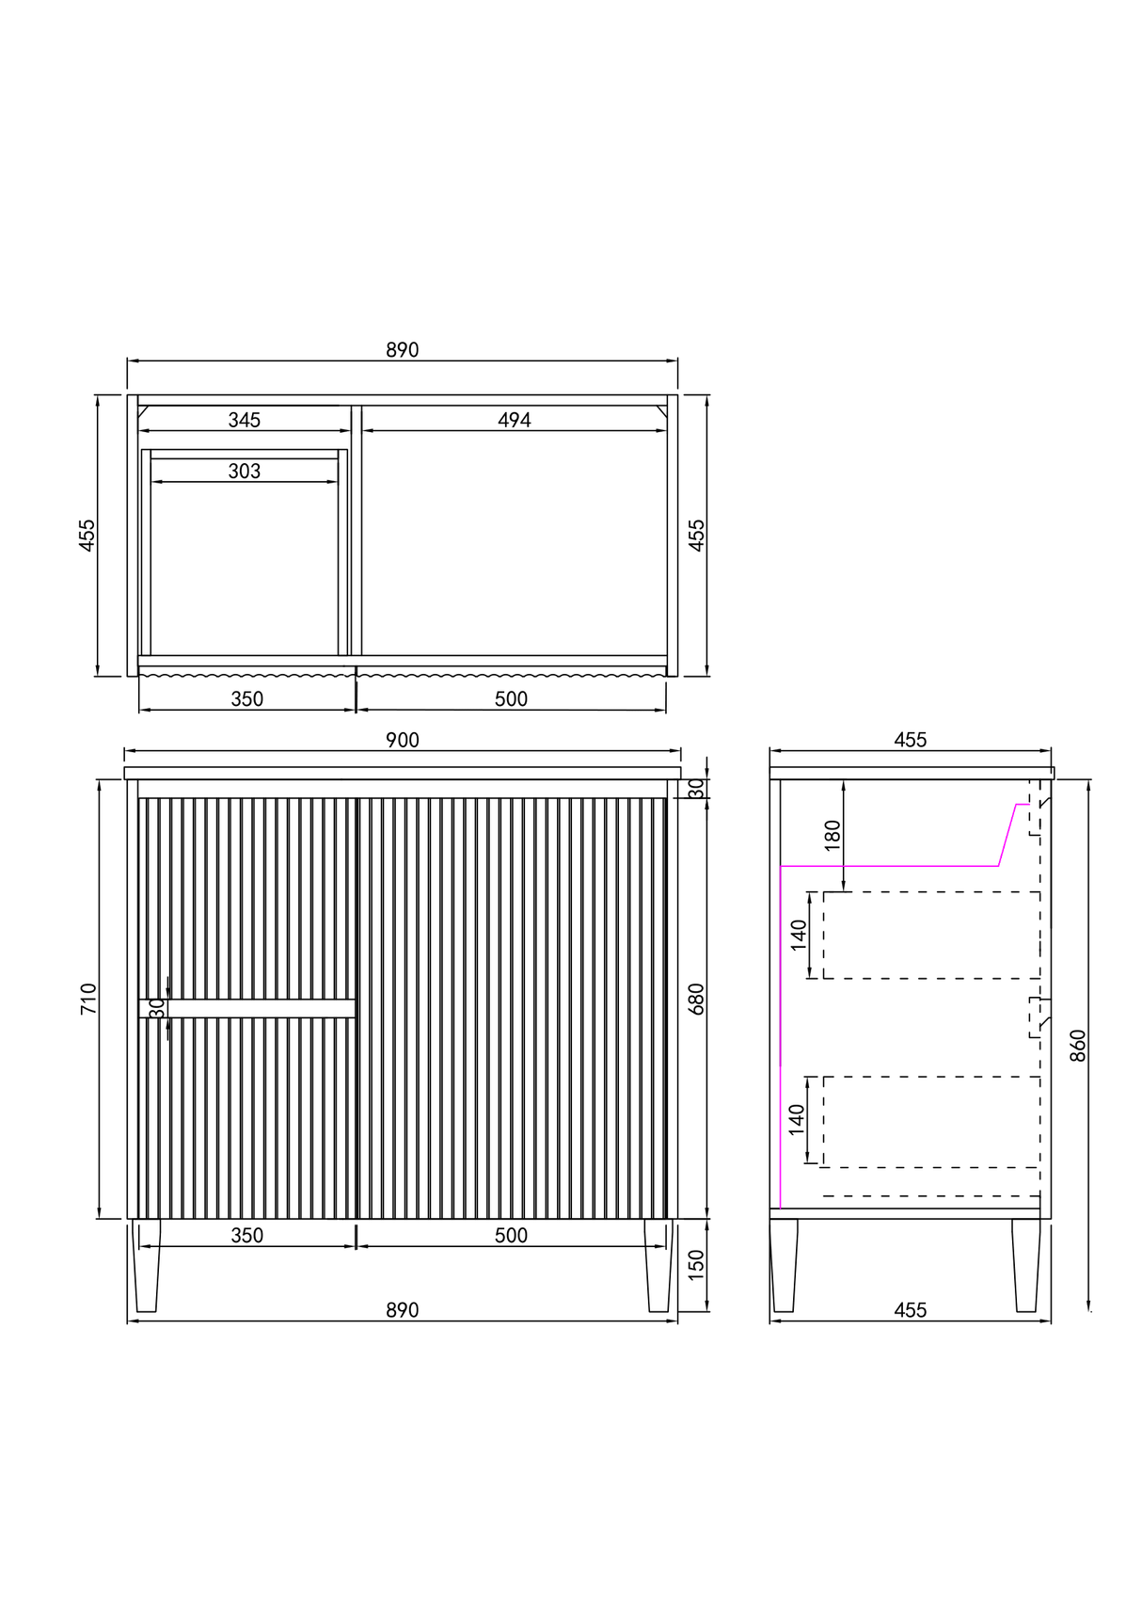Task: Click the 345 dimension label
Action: (245, 420)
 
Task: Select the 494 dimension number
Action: (515, 420)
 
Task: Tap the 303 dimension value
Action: (245, 471)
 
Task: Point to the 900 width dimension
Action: (403, 740)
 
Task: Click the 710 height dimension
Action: (88, 999)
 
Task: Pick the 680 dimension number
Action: (696, 999)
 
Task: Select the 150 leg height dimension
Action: (696, 1264)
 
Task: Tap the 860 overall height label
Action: (1078, 1046)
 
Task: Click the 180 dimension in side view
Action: (833, 835)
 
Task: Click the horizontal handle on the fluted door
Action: (247, 1008)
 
